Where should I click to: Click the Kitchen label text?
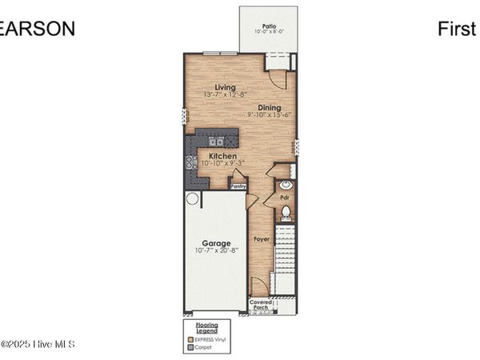[x=222, y=155]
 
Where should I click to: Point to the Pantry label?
[x=238, y=186]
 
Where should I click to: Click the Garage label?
[x=216, y=243]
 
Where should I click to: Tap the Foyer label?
[x=261, y=239]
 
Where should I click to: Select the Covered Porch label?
[x=261, y=305]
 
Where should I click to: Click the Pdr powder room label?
[x=283, y=196]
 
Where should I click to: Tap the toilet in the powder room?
[x=286, y=212]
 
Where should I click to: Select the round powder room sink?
[x=286, y=185]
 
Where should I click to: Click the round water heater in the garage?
[x=192, y=198]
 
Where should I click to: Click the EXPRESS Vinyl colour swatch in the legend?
[x=190, y=341]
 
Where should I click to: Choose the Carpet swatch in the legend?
[x=190, y=348]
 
